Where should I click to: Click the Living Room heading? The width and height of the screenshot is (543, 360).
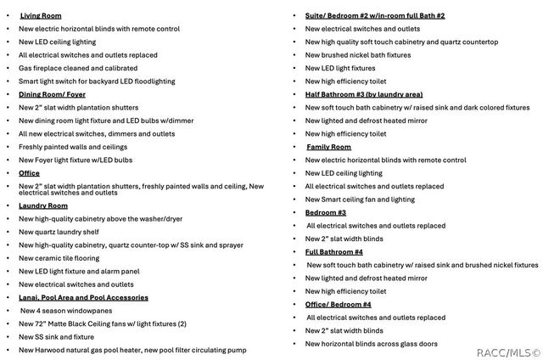(40, 16)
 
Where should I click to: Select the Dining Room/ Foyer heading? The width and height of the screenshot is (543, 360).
(52, 94)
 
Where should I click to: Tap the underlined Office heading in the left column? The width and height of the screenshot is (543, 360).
(29, 173)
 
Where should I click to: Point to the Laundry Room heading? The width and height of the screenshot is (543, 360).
(43, 205)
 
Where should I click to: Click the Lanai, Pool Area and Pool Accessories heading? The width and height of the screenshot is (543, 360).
(83, 297)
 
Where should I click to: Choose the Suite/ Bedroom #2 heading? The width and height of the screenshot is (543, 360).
(375, 16)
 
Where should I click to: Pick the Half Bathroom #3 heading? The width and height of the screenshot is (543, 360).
(363, 94)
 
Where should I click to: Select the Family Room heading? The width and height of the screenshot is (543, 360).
(328, 147)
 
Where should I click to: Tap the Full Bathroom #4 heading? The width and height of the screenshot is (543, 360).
(334, 251)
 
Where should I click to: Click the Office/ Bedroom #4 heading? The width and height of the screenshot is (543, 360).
(338, 304)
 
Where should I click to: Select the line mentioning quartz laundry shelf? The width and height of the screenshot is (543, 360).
(59, 232)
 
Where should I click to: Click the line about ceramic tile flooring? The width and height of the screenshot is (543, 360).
(59, 258)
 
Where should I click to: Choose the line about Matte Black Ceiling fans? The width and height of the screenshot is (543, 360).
(102, 323)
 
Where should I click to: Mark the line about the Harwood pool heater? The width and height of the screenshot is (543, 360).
(132, 350)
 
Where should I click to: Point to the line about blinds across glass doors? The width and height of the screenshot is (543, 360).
(372, 343)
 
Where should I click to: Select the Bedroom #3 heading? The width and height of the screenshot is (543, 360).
(326, 212)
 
